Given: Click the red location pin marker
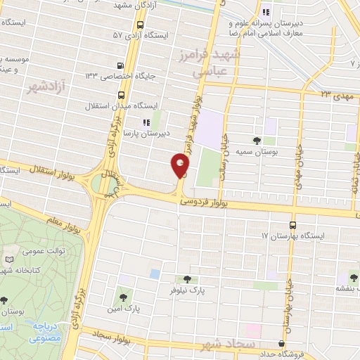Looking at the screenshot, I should (x=180, y=166).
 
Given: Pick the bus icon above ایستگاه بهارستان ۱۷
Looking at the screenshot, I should (x=292, y=225).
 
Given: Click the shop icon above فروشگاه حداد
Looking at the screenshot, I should (x=281, y=344).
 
